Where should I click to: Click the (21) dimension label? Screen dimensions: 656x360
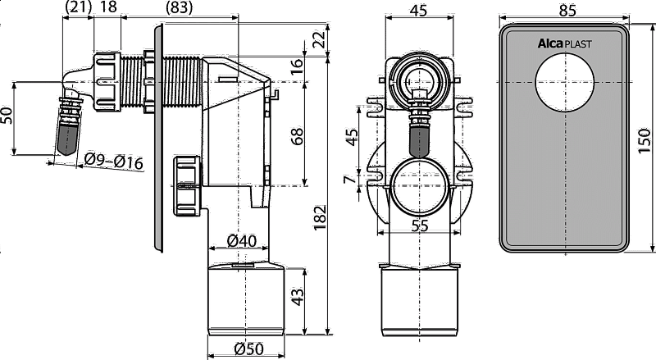pos(78,7)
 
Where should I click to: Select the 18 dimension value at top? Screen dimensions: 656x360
pos(109,7)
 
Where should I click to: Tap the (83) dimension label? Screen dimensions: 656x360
pos(179,7)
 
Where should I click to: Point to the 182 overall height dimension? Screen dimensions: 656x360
pos(320,217)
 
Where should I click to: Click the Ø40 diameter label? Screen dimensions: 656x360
pos(241,241)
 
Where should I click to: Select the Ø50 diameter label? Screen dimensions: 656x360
pos(248,349)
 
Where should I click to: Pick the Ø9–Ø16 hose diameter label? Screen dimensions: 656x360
pos(113,162)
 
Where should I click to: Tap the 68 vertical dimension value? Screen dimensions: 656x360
pos(297,136)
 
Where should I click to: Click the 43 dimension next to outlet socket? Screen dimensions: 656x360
pos(297,296)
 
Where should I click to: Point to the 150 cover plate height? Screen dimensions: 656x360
pos(645,141)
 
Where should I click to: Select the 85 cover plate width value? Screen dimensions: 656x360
pos(567,10)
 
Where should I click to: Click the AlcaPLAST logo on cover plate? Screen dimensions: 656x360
pos(564,43)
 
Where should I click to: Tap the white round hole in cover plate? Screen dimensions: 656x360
pos(565,82)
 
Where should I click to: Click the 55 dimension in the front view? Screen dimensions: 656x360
pos(420,226)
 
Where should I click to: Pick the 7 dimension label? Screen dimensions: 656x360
pos(350,179)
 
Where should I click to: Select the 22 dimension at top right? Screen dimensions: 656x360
pos(320,39)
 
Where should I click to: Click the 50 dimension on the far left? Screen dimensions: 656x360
pos(7,116)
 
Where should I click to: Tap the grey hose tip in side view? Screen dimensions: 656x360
pos(66,139)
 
